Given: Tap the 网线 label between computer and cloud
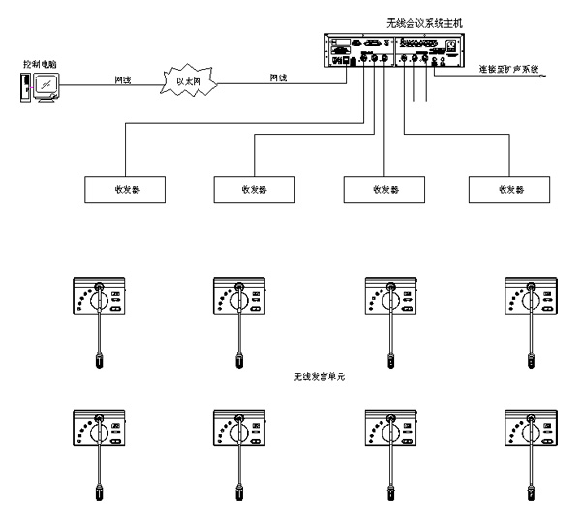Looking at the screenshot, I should [x=122, y=77].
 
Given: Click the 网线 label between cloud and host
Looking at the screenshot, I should [x=277, y=77].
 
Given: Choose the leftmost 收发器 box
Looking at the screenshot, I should [x=126, y=187].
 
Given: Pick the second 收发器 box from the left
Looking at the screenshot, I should [x=254, y=187].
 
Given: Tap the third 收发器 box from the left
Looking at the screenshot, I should [x=384, y=187].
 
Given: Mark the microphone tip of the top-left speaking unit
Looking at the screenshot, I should [x=101, y=363].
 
